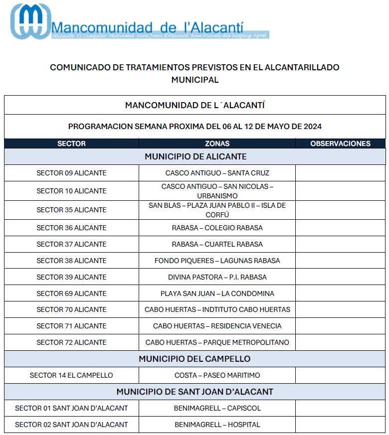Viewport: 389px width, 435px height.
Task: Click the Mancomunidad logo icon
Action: click(x=31, y=21)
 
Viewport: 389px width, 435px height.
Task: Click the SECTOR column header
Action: click(x=71, y=144)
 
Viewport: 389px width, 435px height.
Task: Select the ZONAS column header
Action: click(x=217, y=144)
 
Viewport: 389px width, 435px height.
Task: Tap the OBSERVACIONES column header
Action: click(x=340, y=144)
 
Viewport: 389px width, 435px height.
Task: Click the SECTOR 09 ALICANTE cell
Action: click(x=71, y=173)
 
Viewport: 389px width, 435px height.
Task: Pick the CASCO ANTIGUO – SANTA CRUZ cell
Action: click(x=217, y=173)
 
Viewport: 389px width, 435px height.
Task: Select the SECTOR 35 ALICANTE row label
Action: click(x=71, y=210)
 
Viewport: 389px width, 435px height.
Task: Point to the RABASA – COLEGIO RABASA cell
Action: click(x=217, y=228)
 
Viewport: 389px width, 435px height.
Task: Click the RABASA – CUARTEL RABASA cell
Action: click(x=217, y=244)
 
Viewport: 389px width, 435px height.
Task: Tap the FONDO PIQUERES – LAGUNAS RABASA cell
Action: click(x=217, y=261)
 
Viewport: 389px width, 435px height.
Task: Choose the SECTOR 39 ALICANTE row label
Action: click(x=71, y=277)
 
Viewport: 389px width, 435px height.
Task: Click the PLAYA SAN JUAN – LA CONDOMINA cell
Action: click(x=217, y=293)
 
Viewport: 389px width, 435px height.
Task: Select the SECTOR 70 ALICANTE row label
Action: click(x=71, y=309)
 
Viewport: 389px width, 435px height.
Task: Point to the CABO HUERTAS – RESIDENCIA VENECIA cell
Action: click(x=217, y=326)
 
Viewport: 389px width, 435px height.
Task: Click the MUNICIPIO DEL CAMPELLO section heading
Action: click(x=194, y=359)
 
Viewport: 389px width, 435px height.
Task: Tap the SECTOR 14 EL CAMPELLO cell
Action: click(x=71, y=375)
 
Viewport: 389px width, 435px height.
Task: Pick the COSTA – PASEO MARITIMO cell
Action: click(x=217, y=375)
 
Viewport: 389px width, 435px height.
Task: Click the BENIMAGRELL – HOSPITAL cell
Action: click(x=217, y=425)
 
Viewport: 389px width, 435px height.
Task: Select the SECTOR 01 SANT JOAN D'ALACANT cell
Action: click(x=71, y=408)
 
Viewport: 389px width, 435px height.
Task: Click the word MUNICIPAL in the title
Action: click(x=194, y=80)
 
